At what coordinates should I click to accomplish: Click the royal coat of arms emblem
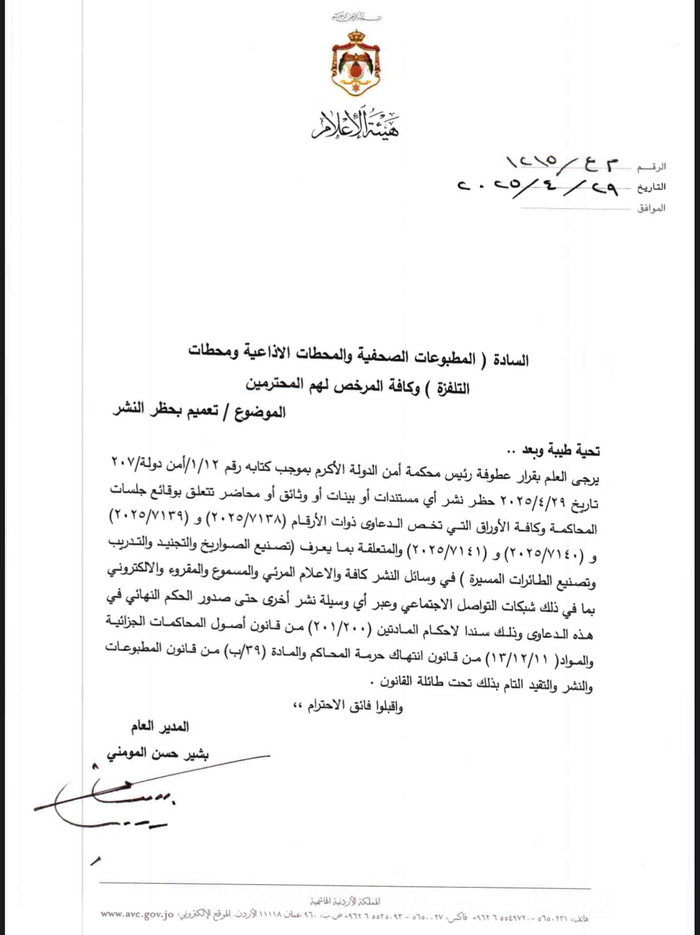tap(355, 63)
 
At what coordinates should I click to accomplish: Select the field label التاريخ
tap(651, 187)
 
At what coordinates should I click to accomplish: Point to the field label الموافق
tap(651, 208)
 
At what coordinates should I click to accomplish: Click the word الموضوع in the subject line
tap(260, 412)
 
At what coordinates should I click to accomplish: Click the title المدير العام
tap(160, 726)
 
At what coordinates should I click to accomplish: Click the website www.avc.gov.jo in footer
tap(137, 914)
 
